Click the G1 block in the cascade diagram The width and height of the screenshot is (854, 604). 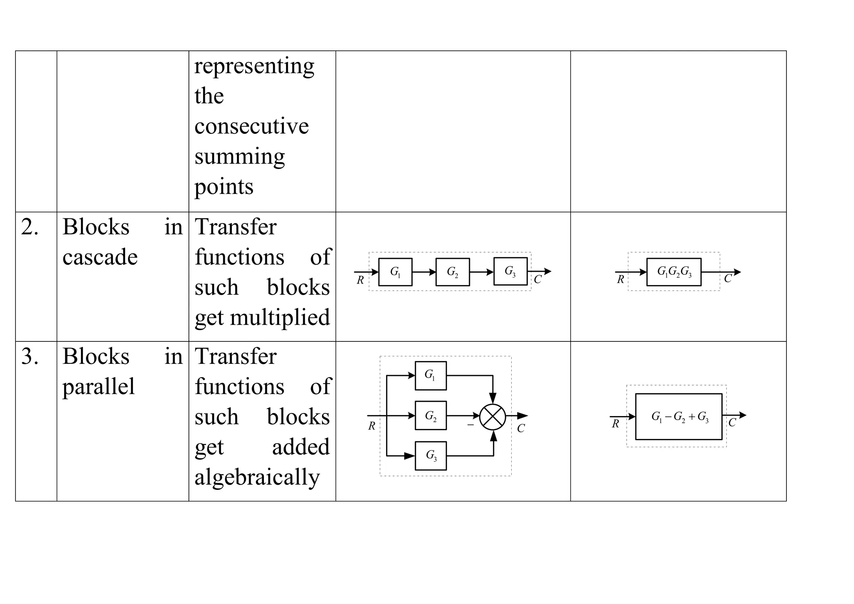[x=395, y=272]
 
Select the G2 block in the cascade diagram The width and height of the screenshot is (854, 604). [x=452, y=272]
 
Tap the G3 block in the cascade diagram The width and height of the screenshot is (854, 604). [x=510, y=271]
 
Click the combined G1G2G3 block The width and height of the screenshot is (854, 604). [x=674, y=272]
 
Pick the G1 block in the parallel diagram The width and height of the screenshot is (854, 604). [x=431, y=376]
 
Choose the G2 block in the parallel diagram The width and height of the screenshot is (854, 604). [x=431, y=416]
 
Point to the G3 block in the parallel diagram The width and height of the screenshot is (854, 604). [x=431, y=456]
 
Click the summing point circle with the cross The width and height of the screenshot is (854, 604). [x=492, y=416]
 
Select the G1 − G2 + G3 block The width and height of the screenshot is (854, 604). [x=678, y=416]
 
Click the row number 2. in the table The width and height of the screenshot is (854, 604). [x=30, y=227]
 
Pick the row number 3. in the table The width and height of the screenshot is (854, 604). [x=30, y=356]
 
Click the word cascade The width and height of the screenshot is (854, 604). [x=100, y=257]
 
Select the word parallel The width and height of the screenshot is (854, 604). [x=98, y=386]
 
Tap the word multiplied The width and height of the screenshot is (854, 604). [x=280, y=318]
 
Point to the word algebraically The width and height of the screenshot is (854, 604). [x=257, y=477]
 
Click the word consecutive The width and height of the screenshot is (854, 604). [x=251, y=126]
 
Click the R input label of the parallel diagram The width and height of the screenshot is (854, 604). [x=372, y=426]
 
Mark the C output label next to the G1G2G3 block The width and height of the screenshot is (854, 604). [x=728, y=279]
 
